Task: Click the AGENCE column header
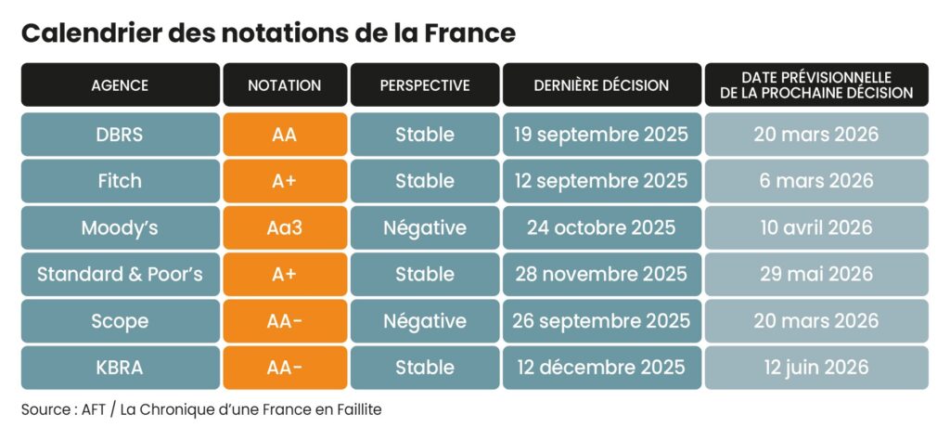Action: (x=120, y=85)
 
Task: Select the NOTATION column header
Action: (x=285, y=85)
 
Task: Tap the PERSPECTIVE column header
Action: (x=425, y=85)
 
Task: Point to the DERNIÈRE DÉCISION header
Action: (x=601, y=85)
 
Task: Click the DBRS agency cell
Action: (x=120, y=135)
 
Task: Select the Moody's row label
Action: (x=120, y=227)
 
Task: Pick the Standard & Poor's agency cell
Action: (x=120, y=274)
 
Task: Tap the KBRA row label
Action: (x=120, y=368)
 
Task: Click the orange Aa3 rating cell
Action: (x=285, y=227)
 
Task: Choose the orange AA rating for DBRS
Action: (x=285, y=135)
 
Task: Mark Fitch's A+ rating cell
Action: (x=285, y=181)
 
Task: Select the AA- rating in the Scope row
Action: (x=285, y=321)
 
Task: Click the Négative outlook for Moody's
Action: (x=425, y=227)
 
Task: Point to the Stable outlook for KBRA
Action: (x=425, y=368)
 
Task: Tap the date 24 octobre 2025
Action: (x=601, y=227)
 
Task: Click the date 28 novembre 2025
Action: (x=601, y=274)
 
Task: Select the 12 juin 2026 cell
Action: (x=816, y=368)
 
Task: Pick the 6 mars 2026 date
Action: (x=816, y=181)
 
